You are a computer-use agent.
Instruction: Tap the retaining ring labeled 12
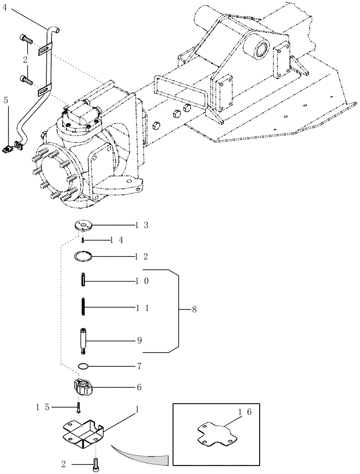[x=84, y=256]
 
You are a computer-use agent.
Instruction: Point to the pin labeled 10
[x=83, y=281]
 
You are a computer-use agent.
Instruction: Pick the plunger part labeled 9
[x=83, y=340]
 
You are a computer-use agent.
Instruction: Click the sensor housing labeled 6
[x=83, y=388]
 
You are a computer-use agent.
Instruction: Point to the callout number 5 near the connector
[x=6, y=100]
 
